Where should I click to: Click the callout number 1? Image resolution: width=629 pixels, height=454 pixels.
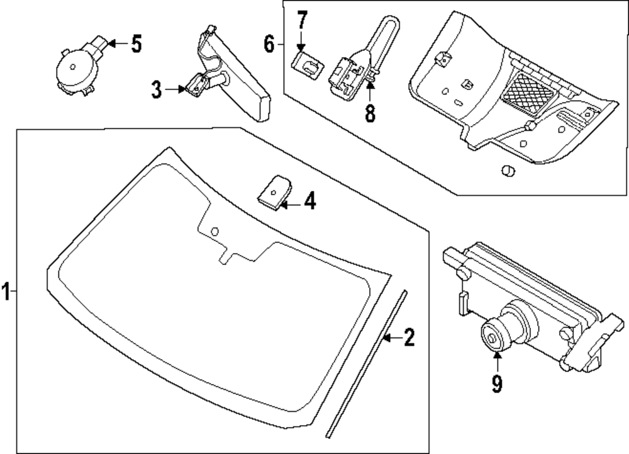coord(6,292)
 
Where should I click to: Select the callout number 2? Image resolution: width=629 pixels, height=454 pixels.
coord(409,339)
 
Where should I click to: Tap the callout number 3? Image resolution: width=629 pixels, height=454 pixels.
coord(157,89)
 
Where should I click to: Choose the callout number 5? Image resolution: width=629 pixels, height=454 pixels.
coord(136,44)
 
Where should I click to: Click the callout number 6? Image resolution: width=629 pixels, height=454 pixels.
coord(269,45)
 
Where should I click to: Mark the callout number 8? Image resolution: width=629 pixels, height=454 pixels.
coord(370,113)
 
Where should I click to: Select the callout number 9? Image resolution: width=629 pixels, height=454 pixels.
coord(497,383)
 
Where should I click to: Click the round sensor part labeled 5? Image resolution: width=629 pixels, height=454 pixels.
coord(74,67)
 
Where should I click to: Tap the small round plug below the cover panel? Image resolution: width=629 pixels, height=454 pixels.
coord(506,171)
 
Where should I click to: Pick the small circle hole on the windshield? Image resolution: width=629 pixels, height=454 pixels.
coord(214,230)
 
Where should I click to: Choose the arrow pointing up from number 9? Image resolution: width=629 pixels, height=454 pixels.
coord(497,363)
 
